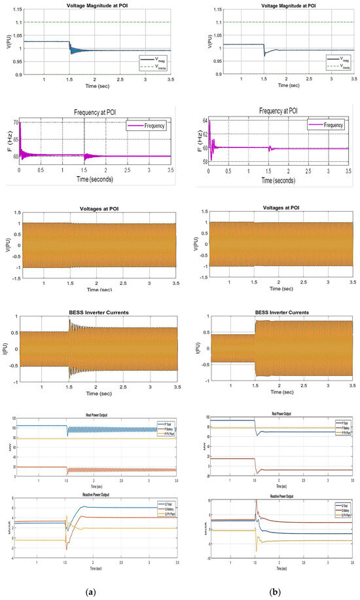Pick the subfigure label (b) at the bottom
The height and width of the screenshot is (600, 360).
coord(276,591)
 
